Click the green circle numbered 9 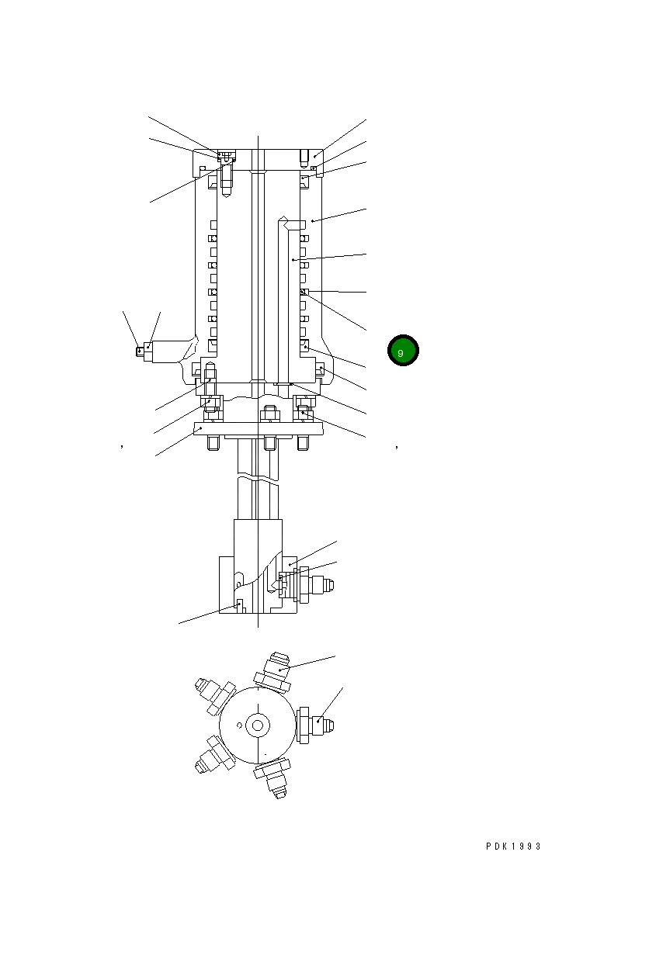click(403, 351)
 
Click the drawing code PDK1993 click(513, 847)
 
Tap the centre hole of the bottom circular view click(258, 725)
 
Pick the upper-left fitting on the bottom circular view click(213, 694)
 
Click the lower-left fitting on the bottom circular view click(212, 755)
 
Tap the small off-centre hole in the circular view click(239, 726)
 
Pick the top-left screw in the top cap click(226, 158)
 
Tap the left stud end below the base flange click(212, 443)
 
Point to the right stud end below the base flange click(303, 443)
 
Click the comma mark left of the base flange click(123, 447)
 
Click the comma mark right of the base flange click(397, 447)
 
